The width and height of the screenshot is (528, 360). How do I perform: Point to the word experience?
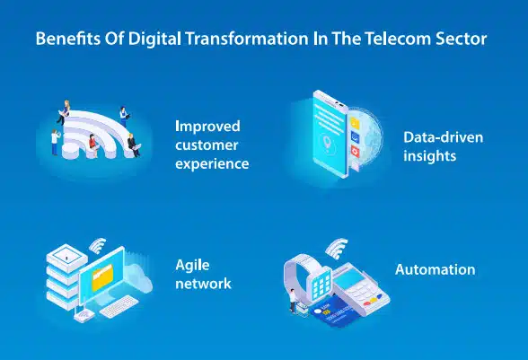pos(212,164)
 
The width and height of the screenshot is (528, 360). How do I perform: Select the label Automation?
pos(436,269)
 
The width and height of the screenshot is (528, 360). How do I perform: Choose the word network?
pos(204,284)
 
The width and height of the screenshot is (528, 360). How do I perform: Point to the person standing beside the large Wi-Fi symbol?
pos(55,140)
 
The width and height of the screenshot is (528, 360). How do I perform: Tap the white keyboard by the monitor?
pos(116,310)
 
